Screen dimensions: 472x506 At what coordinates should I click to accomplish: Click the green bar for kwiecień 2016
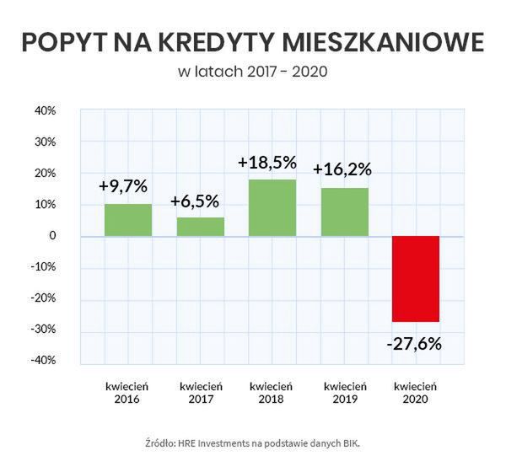(x=128, y=220)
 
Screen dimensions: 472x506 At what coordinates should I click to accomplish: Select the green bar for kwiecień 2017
(x=200, y=227)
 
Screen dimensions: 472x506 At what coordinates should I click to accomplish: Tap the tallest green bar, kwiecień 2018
(x=272, y=207)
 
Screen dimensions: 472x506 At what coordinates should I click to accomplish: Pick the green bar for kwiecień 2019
(x=344, y=212)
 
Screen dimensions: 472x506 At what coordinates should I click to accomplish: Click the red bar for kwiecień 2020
(x=416, y=278)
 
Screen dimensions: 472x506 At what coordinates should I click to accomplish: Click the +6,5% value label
(x=195, y=201)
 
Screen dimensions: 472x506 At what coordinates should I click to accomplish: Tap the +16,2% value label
(x=342, y=169)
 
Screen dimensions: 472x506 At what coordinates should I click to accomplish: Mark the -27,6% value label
(x=414, y=344)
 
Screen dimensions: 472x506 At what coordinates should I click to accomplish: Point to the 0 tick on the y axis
(x=51, y=236)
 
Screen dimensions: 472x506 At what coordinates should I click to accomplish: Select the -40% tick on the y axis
(x=42, y=360)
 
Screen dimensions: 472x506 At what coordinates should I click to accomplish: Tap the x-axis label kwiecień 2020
(x=416, y=392)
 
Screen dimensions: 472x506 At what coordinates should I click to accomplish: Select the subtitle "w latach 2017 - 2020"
(x=252, y=72)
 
